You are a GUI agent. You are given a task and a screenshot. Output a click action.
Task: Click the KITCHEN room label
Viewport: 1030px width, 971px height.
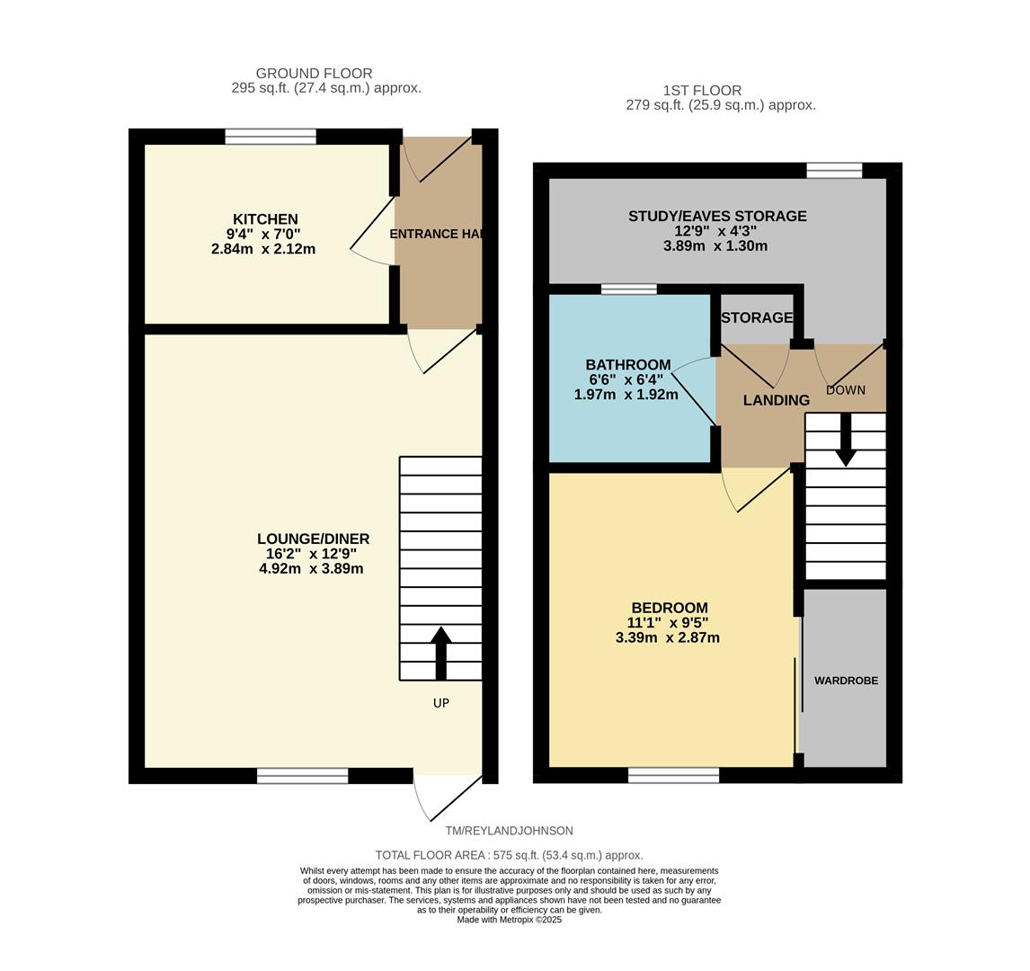pos(265,219)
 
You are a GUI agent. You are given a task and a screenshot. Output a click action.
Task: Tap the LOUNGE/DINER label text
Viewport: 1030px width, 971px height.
pos(313,539)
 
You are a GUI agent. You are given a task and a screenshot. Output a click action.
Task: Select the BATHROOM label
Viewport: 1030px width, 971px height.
pos(627,365)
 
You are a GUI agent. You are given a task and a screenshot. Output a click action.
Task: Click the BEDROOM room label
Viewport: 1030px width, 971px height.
pos(669,608)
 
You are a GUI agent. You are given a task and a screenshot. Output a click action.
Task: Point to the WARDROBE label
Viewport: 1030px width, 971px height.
pos(846,681)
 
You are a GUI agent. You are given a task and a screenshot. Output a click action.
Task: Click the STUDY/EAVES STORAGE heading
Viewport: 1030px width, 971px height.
pos(716,217)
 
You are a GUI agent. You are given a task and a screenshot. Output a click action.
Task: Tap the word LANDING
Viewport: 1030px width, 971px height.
pos(776,401)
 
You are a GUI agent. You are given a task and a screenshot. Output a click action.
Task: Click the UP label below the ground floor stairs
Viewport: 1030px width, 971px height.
pos(440,703)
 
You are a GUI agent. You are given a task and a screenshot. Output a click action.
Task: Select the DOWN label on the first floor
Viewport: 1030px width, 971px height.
pos(845,390)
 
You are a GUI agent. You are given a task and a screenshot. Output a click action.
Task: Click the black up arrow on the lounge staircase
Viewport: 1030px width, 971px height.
pos(440,652)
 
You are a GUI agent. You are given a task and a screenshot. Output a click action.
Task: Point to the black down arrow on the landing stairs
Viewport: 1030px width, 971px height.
pos(845,441)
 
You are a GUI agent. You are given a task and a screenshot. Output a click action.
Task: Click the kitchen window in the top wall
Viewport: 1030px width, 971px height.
pos(271,137)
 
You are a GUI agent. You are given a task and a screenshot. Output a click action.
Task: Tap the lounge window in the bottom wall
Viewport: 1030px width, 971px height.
pos(302,776)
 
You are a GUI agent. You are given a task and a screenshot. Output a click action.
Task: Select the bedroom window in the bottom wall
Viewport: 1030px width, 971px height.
pos(673,775)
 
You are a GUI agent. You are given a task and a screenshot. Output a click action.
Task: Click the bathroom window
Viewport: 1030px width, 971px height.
pos(628,289)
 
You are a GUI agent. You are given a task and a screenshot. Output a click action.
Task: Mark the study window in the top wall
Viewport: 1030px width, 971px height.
pos(834,171)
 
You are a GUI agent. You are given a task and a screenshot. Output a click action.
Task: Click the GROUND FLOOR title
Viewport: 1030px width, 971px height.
pos(314,74)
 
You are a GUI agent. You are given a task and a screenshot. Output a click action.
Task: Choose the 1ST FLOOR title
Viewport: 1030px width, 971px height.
pos(702,91)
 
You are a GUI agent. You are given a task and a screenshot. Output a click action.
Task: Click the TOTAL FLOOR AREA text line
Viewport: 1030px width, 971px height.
pos(509,856)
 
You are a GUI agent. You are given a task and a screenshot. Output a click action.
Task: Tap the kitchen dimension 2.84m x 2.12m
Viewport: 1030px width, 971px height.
pos(263,249)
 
